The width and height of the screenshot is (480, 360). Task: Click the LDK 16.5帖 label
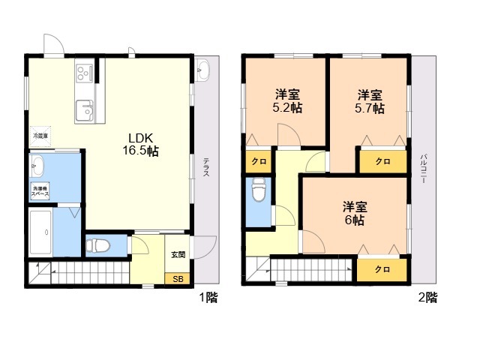click(142, 144)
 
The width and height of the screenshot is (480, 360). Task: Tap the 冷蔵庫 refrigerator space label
click(40, 136)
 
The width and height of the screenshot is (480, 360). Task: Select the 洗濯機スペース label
click(40, 191)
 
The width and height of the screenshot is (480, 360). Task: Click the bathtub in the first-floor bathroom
click(40, 232)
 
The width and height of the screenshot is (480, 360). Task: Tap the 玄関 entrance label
click(178, 255)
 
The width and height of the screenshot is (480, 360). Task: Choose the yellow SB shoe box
click(178, 279)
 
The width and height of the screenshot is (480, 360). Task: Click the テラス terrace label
click(205, 166)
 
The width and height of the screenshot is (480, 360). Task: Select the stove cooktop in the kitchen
click(83, 73)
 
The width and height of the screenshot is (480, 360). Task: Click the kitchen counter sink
click(83, 109)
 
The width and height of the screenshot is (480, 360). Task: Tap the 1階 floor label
click(208, 298)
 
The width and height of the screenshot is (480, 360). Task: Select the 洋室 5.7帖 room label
click(370, 101)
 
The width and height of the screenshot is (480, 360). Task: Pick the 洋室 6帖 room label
click(355, 213)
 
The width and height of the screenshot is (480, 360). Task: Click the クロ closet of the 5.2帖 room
click(258, 161)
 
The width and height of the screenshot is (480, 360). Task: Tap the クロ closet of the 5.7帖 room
click(382, 161)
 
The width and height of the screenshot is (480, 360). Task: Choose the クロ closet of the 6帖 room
click(382, 270)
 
